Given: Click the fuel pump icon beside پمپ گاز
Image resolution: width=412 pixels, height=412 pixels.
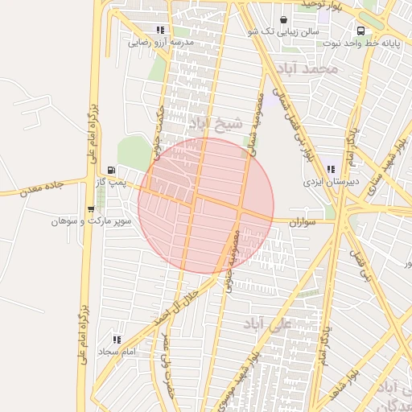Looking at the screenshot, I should (x=110, y=170).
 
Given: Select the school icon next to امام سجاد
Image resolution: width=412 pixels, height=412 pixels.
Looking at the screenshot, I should (x=117, y=340).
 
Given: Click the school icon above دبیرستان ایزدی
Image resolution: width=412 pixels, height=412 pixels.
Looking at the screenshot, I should (x=330, y=170).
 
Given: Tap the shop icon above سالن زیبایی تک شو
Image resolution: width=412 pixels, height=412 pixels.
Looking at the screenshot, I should (x=283, y=19).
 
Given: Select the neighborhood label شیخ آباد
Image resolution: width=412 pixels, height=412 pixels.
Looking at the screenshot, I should (x=215, y=124).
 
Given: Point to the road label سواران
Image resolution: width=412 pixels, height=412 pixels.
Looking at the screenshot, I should (x=318, y=220).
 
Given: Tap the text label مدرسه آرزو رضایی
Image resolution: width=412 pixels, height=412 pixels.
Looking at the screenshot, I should (x=162, y=42).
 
